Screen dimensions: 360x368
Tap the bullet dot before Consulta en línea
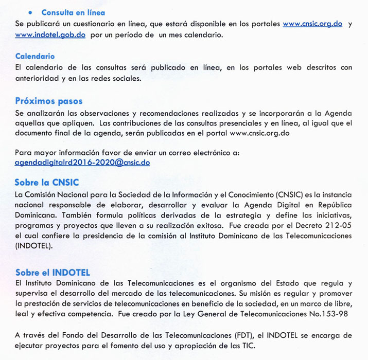click(x=31, y=12)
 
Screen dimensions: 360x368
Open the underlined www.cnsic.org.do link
click(x=312, y=24)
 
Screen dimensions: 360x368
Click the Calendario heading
click(x=35, y=56)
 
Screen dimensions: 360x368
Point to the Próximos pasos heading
click(x=49, y=101)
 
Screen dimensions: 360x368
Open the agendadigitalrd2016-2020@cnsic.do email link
click(x=82, y=162)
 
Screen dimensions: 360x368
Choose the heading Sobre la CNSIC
click(x=47, y=183)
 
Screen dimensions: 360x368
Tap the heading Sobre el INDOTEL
click(x=52, y=273)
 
